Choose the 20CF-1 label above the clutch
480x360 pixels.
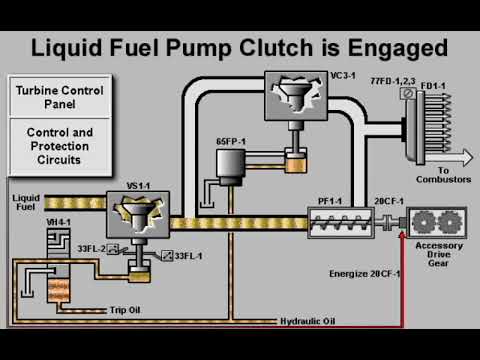point(387,201)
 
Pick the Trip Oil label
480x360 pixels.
point(125,310)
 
